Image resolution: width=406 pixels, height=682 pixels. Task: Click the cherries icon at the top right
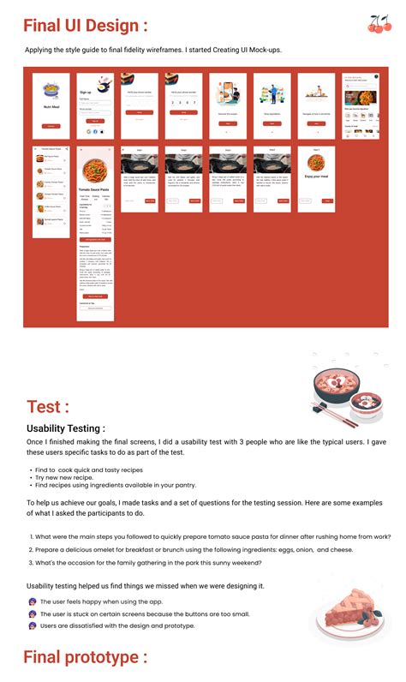click(379, 24)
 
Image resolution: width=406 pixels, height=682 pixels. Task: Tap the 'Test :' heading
click(48, 406)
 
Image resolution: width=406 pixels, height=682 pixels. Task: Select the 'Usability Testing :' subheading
click(66, 428)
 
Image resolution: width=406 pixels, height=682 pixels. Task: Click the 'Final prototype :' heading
click(85, 657)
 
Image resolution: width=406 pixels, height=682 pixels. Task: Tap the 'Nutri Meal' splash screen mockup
click(51, 106)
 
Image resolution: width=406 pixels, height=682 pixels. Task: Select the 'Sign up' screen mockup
click(96, 106)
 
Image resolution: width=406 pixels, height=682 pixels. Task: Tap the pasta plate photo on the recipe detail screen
click(96, 165)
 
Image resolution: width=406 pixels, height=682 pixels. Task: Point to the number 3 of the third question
click(31, 562)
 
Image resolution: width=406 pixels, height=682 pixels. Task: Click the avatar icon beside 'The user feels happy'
click(32, 602)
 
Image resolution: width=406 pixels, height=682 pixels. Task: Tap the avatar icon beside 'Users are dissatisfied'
click(32, 625)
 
